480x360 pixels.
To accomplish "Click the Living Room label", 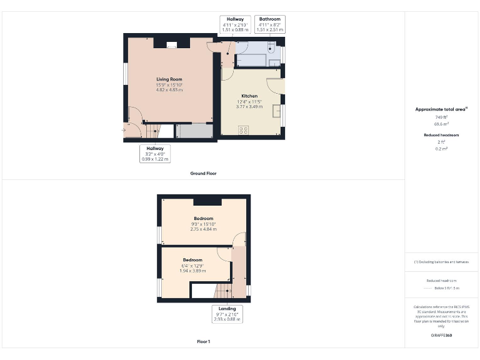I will coord(169,79).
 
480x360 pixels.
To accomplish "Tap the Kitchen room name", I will coord(249,96).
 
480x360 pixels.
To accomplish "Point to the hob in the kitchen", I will coord(243,129).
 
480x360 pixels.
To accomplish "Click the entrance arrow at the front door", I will coord(123,130).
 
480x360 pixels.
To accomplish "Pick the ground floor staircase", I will coord(152,130).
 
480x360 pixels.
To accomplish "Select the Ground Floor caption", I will coord(203,173).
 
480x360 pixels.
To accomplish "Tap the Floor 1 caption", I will coord(203,342).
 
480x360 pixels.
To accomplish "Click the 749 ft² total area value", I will coord(441,117).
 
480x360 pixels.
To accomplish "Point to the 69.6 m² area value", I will coord(441,124).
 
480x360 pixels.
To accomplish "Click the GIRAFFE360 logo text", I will coord(441,336).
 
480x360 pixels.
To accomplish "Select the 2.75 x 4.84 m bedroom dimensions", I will coord(203,229).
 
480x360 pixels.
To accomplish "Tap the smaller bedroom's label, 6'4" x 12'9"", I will coord(192,265).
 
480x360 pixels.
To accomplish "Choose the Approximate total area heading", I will coord(441,109).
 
